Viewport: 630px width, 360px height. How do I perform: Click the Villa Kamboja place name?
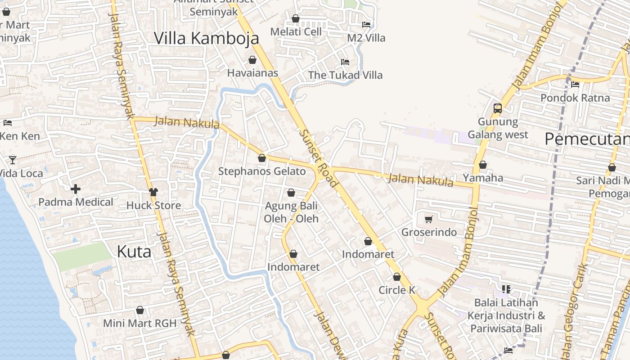[207, 38]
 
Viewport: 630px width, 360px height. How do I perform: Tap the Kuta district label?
[134, 252]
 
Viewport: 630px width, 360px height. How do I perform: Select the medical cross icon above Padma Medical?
[76, 189]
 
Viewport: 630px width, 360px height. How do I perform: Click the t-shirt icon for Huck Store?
[153, 192]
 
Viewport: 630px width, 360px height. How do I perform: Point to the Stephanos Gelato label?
[262, 171]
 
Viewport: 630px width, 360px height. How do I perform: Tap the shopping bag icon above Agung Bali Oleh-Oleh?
[291, 193]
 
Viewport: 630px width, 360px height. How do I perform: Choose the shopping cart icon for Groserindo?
[429, 220]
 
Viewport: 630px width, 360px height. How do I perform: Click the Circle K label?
[397, 290]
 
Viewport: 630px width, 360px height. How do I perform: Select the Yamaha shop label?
[483, 178]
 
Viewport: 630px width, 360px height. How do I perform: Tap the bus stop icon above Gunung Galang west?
[498, 108]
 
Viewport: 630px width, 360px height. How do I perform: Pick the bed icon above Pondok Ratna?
[575, 85]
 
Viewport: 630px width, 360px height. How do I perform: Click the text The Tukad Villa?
[345, 75]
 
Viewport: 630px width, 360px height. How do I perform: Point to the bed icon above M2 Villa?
[366, 25]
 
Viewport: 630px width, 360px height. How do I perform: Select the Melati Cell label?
[296, 31]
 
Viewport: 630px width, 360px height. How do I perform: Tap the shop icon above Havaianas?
[252, 60]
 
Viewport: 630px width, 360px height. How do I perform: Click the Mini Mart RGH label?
[139, 323]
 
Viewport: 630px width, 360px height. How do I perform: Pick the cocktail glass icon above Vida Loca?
[12, 160]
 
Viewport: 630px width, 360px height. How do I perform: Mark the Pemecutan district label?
[587, 139]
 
